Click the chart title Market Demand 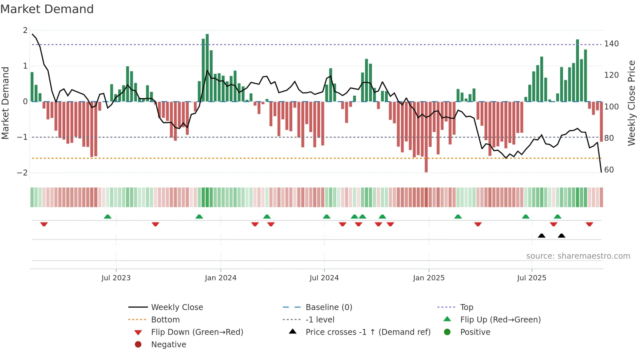click(47, 9)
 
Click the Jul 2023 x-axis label click(116, 278)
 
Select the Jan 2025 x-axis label click(428, 278)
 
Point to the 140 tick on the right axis click(611, 44)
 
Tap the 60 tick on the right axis click(609, 170)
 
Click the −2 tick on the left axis click(22, 173)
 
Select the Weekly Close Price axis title click(632, 103)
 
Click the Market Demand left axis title click(5, 103)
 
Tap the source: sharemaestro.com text click(578, 256)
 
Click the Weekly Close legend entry click(177, 307)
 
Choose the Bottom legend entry click(165, 320)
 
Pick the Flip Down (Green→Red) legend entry click(197, 332)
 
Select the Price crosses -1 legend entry click(368, 332)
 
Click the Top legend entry click(466, 307)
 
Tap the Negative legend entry click(168, 345)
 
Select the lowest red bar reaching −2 click(426, 137)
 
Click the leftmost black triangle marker click(541, 236)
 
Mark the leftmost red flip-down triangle click(44, 224)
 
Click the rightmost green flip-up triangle click(557, 217)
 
